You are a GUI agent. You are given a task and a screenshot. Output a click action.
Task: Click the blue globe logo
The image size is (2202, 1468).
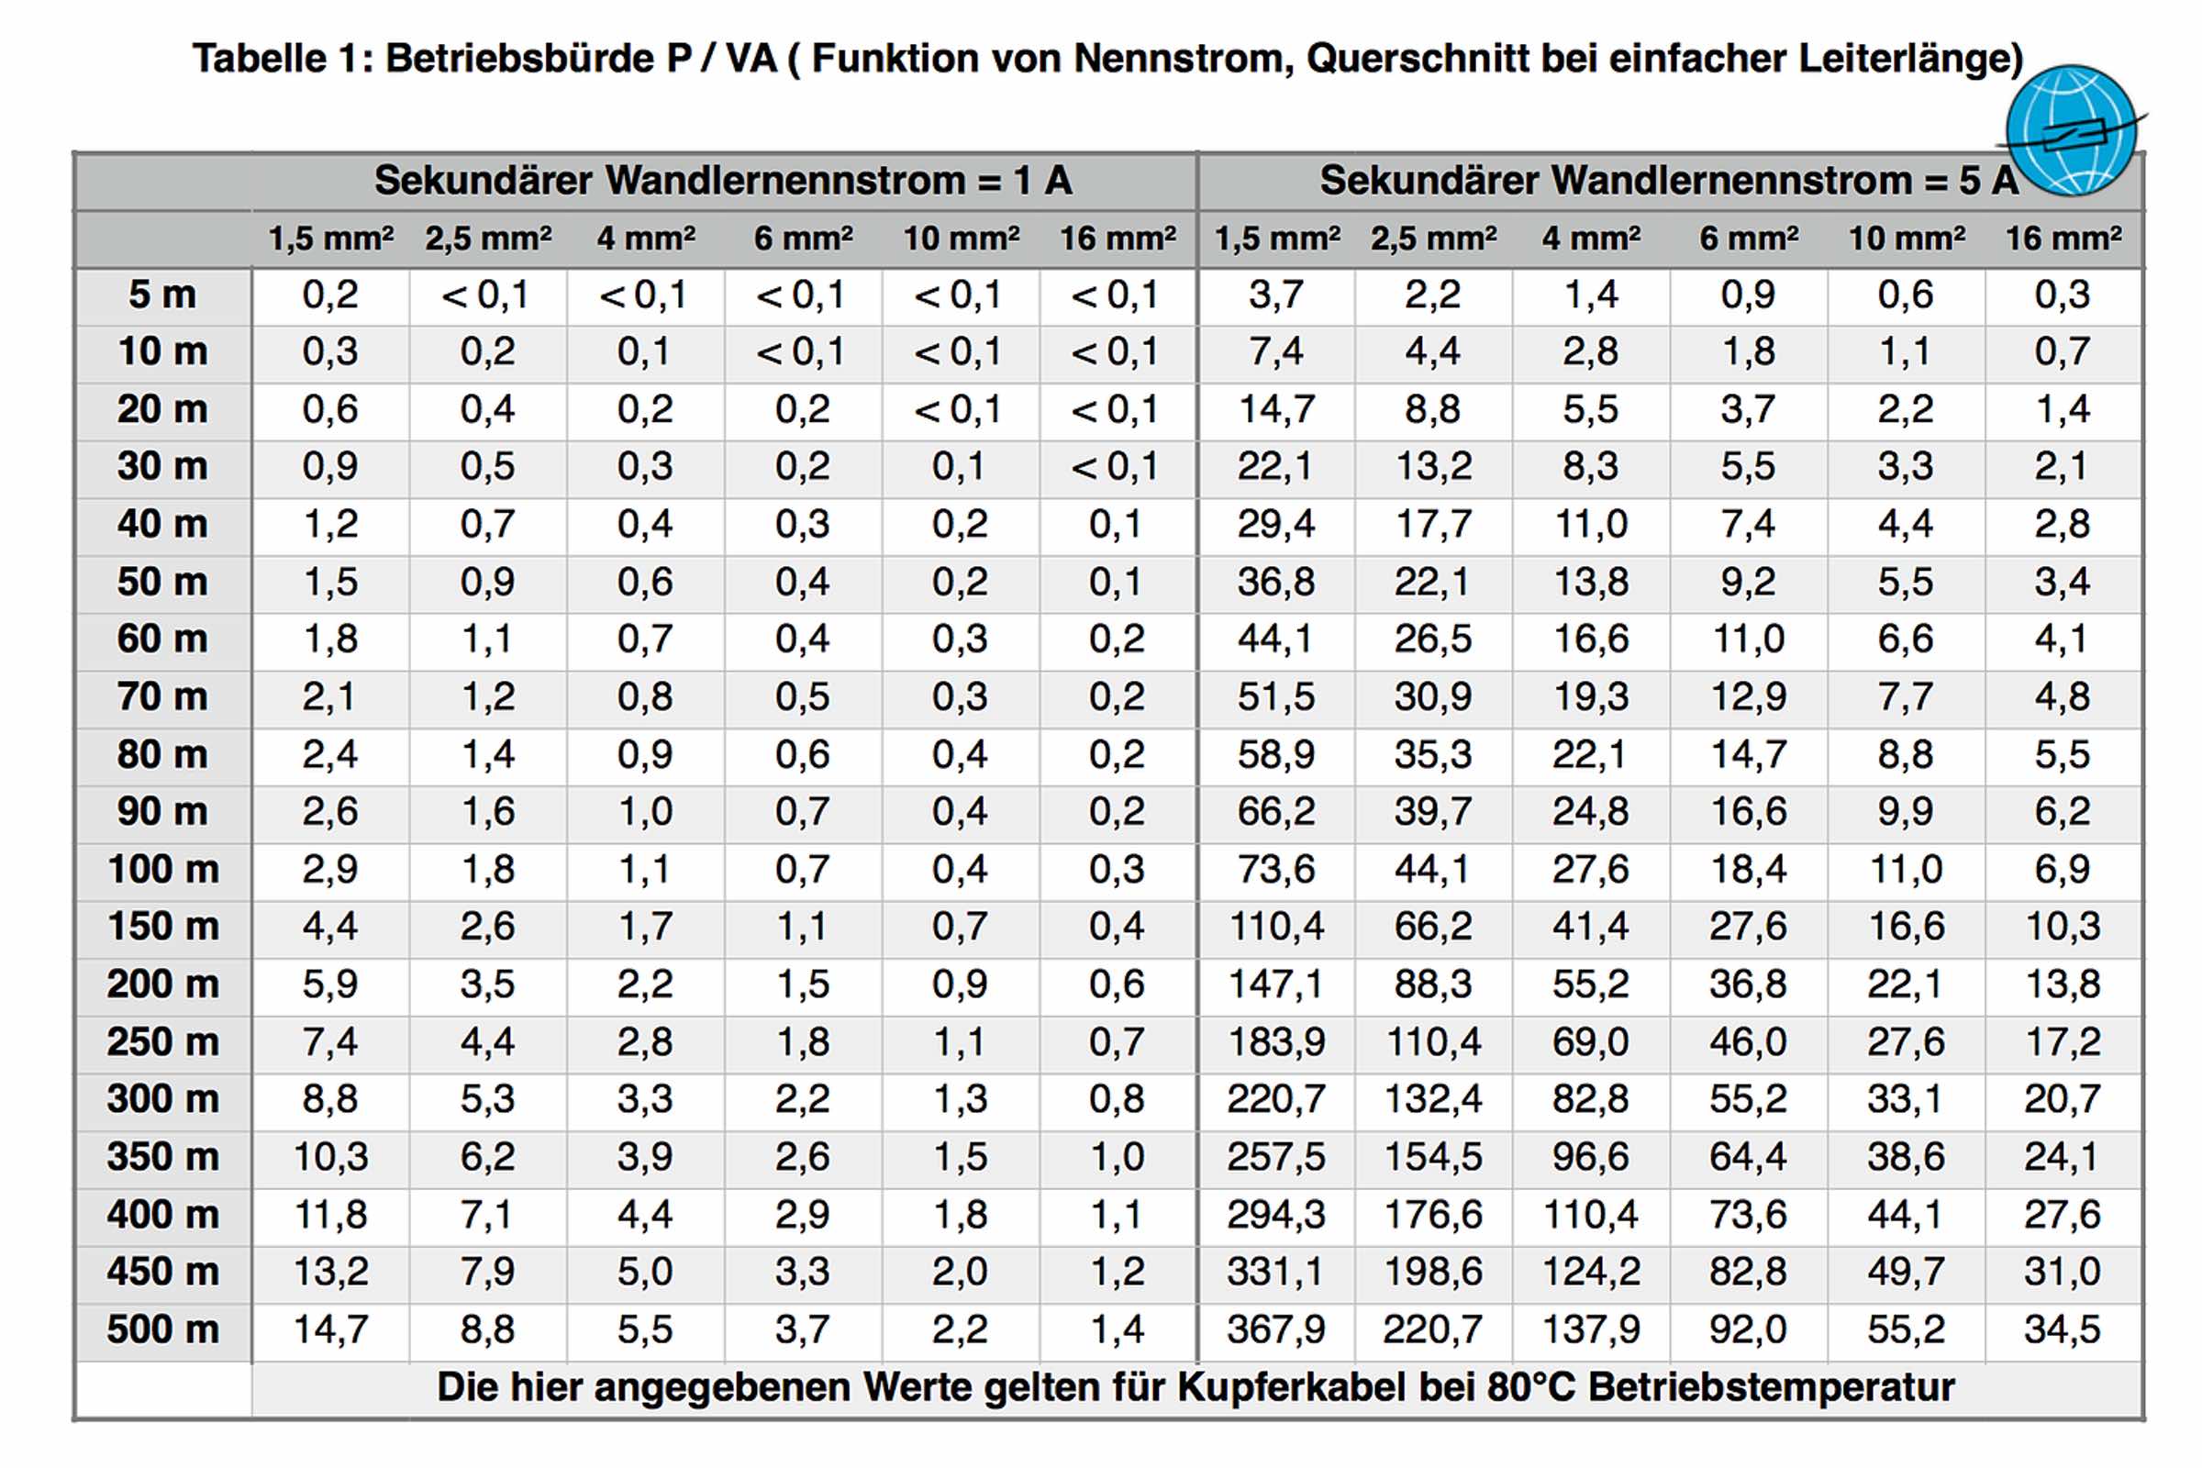tap(2071, 129)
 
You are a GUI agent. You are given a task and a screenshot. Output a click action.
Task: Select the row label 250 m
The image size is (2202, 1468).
tap(163, 1041)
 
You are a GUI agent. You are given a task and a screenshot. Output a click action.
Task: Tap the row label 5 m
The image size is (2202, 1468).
tap(163, 295)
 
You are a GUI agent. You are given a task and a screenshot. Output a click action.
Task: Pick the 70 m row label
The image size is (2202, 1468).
tap(163, 696)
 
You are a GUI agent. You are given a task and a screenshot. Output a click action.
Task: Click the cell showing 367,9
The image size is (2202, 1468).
tap(1276, 1329)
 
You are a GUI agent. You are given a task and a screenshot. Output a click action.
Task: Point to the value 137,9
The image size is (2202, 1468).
tap(1591, 1329)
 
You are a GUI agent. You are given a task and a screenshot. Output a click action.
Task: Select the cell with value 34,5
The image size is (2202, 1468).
tap(2063, 1329)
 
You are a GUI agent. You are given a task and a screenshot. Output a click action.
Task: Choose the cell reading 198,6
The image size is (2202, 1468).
tap(1433, 1272)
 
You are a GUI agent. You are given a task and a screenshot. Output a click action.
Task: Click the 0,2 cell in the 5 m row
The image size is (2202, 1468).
tap(330, 295)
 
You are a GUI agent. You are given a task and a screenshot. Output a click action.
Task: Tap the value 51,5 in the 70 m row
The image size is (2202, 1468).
tap(1276, 696)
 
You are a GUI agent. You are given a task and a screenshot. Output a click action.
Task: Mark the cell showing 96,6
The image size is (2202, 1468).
tap(1591, 1156)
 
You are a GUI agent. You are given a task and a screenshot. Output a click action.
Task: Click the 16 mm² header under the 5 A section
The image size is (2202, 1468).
tap(2063, 239)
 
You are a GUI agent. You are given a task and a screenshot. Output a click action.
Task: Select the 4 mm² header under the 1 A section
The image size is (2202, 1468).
tap(646, 239)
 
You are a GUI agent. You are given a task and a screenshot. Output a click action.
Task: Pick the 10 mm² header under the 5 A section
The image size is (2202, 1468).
tap(1907, 239)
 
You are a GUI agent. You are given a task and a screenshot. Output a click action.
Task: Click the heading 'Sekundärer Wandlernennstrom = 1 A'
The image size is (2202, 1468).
tap(723, 180)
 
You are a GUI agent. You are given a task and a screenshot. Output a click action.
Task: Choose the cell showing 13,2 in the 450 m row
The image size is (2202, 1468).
tap(330, 1272)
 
